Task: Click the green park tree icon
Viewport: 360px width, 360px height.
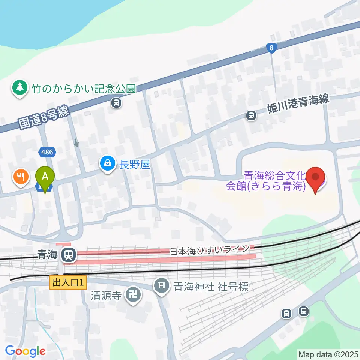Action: point(18,87)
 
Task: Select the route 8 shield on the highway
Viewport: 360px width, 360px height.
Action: point(271,48)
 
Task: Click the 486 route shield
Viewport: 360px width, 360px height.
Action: point(48,152)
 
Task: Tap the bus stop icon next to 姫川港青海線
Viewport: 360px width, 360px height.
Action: point(251,116)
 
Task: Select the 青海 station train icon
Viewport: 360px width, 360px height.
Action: point(69,255)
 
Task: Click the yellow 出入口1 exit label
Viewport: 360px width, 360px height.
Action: point(68,282)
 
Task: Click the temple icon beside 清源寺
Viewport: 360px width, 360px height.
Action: point(133,294)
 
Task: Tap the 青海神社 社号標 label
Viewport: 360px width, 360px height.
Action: point(210,287)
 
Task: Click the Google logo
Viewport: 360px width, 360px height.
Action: point(25,351)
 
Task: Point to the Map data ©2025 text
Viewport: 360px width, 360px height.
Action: point(328,354)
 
